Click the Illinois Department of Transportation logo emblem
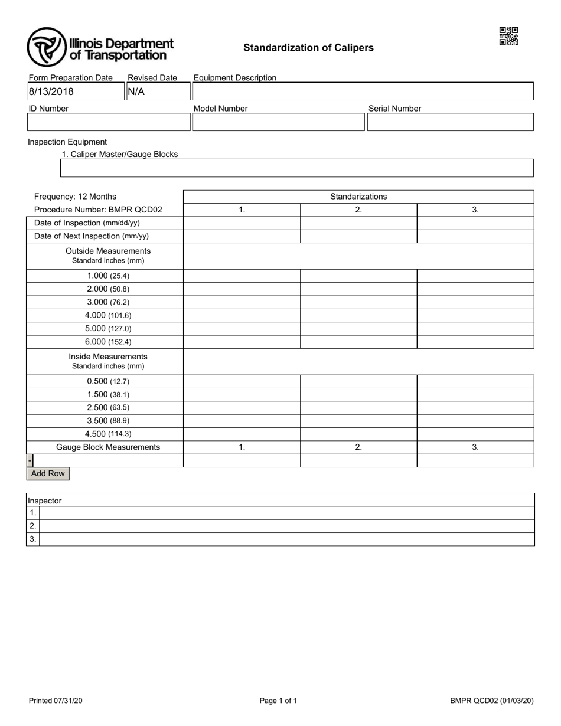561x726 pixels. [x=47, y=47]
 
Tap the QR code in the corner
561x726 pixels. [x=508, y=36]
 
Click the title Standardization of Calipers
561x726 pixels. [x=308, y=48]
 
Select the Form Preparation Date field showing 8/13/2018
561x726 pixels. [x=76, y=91]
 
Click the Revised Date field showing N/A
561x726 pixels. [x=158, y=91]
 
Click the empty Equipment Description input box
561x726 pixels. [x=363, y=91]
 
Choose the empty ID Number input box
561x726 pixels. [x=108, y=122]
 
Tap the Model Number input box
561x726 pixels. [x=278, y=122]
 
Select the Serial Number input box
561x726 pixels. [x=450, y=122]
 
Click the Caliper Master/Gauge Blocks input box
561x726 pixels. [x=297, y=168]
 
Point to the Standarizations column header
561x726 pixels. [x=358, y=197]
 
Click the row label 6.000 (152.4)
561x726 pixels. [x=108, y=342]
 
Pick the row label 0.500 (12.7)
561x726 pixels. [x=108, y=381]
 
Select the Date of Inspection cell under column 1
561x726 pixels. [x=242, y=223]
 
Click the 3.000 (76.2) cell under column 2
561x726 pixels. [x=358, y=302]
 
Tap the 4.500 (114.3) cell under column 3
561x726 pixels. [x=475, y=434]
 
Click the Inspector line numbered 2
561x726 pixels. [x=286, y=526]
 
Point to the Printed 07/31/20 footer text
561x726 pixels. [x=56, y=701]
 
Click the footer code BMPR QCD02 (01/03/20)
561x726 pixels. [x=491, y=701]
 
